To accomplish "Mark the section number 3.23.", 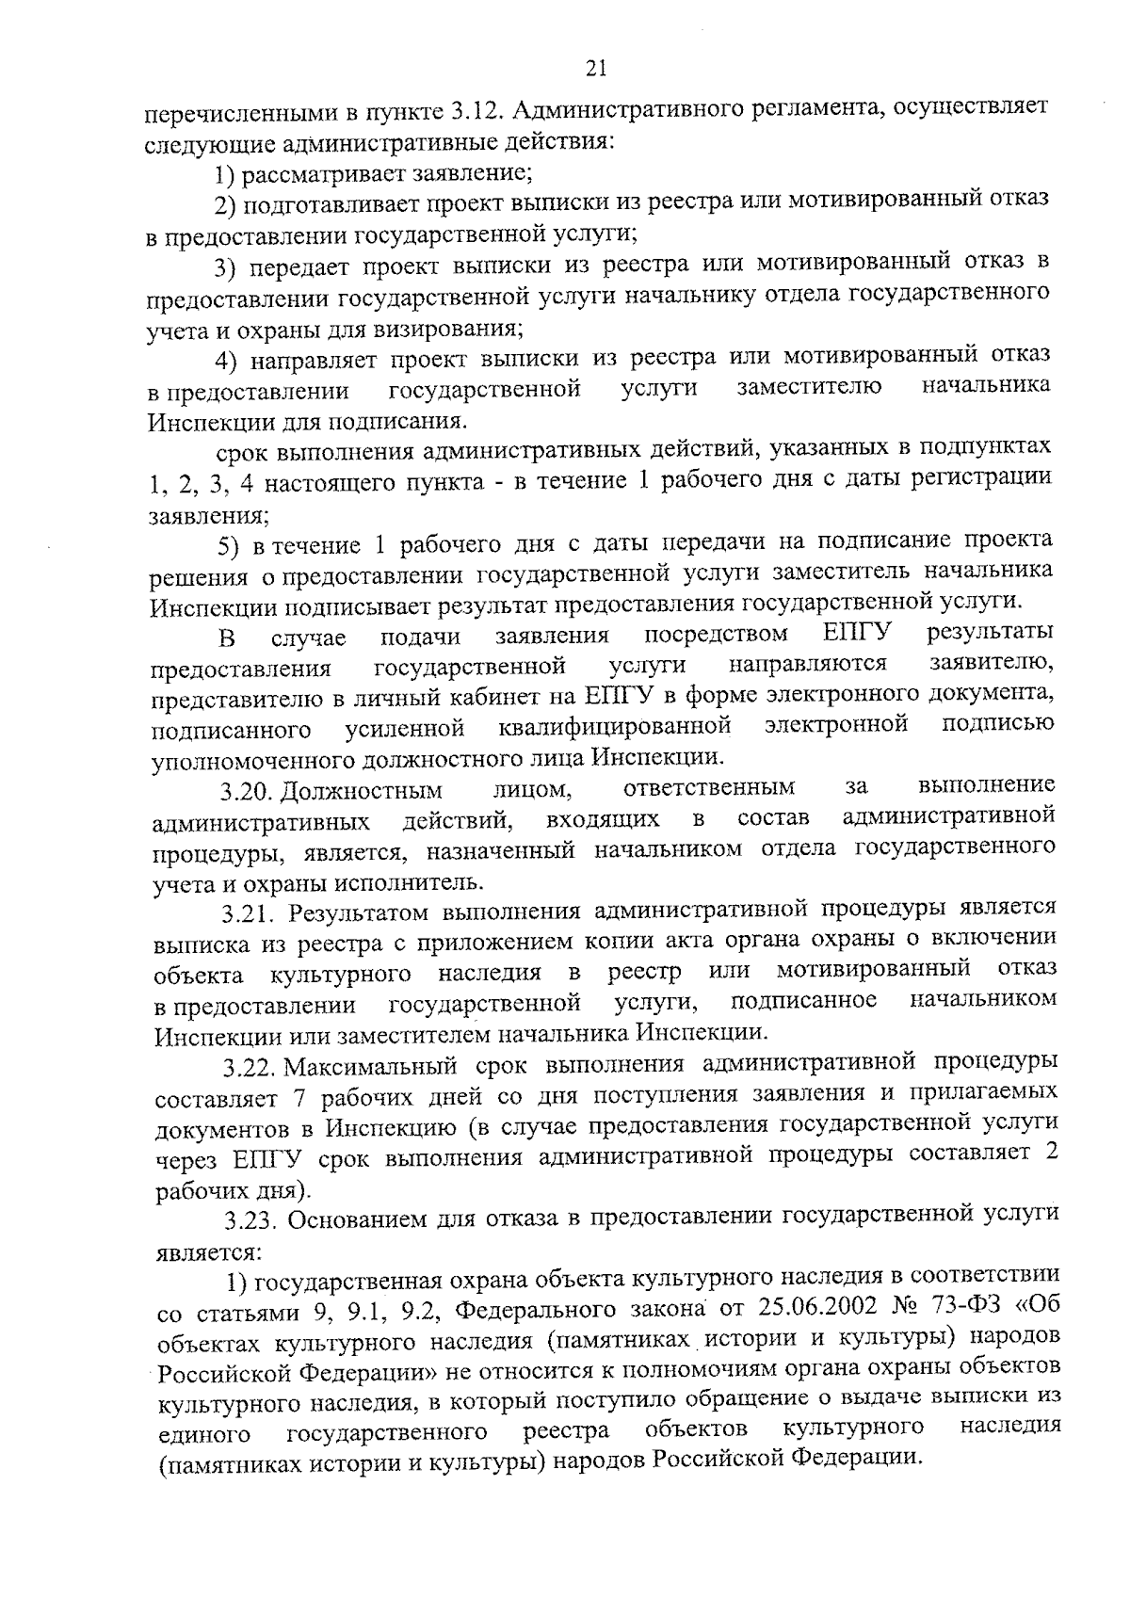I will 253,1220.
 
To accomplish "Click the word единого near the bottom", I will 203,1461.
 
